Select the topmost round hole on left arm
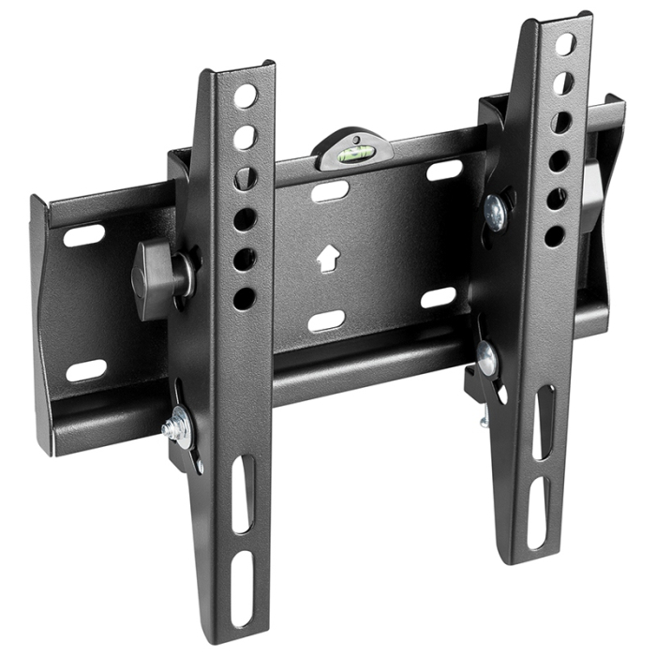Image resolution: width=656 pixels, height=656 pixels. point(245,97)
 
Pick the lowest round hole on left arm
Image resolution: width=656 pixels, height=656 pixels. point(244,299)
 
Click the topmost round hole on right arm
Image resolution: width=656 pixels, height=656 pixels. point(565,44)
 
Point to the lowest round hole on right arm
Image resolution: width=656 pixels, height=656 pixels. point(555,236)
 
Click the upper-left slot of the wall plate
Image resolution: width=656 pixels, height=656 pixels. point(84,235)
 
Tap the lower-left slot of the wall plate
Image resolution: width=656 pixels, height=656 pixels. point(86,370)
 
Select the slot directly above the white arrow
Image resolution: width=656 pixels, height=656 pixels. point(330,192)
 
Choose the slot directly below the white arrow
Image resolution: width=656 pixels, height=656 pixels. point(326,321)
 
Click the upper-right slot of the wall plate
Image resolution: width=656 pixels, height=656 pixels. point(444,171)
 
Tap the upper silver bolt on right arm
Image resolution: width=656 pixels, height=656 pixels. point(495,213)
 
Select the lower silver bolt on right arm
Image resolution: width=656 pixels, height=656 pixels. point(486,358)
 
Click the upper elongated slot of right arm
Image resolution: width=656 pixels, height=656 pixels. point(544,422)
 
